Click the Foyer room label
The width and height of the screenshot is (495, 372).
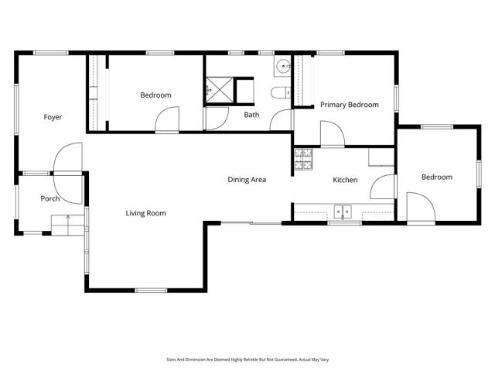point(53,117)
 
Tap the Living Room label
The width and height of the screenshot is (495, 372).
point(145,213)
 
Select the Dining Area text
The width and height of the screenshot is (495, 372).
point(247,180)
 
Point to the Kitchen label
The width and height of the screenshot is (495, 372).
point(345,180)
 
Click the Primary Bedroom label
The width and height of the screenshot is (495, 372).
point(350,105)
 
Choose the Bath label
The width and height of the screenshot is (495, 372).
point(251,115)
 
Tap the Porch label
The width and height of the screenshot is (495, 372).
point(50,198)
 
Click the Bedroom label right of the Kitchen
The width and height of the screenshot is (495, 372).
point(436,177)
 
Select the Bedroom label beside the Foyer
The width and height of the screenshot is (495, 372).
point(155,95)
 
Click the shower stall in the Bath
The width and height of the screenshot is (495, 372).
point(219,90)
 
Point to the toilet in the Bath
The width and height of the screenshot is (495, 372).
point(279,94)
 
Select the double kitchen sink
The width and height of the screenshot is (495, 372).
point(343,211)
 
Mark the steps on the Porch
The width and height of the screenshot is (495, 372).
point(67,225)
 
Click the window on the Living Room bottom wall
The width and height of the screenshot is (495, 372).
point(151,290)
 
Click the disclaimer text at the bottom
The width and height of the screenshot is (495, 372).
point(247,360)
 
